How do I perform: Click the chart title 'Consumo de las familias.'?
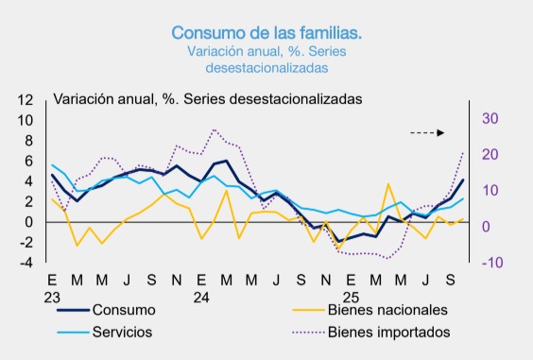click(x=266, y=32)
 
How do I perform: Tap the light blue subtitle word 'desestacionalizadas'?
click(x=266, y=68)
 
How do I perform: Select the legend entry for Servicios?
click(x=122, y=332)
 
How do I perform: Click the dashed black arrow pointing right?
click(x=427, y=133)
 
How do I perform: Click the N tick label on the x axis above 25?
click(x=326, y=280)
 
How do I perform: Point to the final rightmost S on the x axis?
click(x=450, y=280)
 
